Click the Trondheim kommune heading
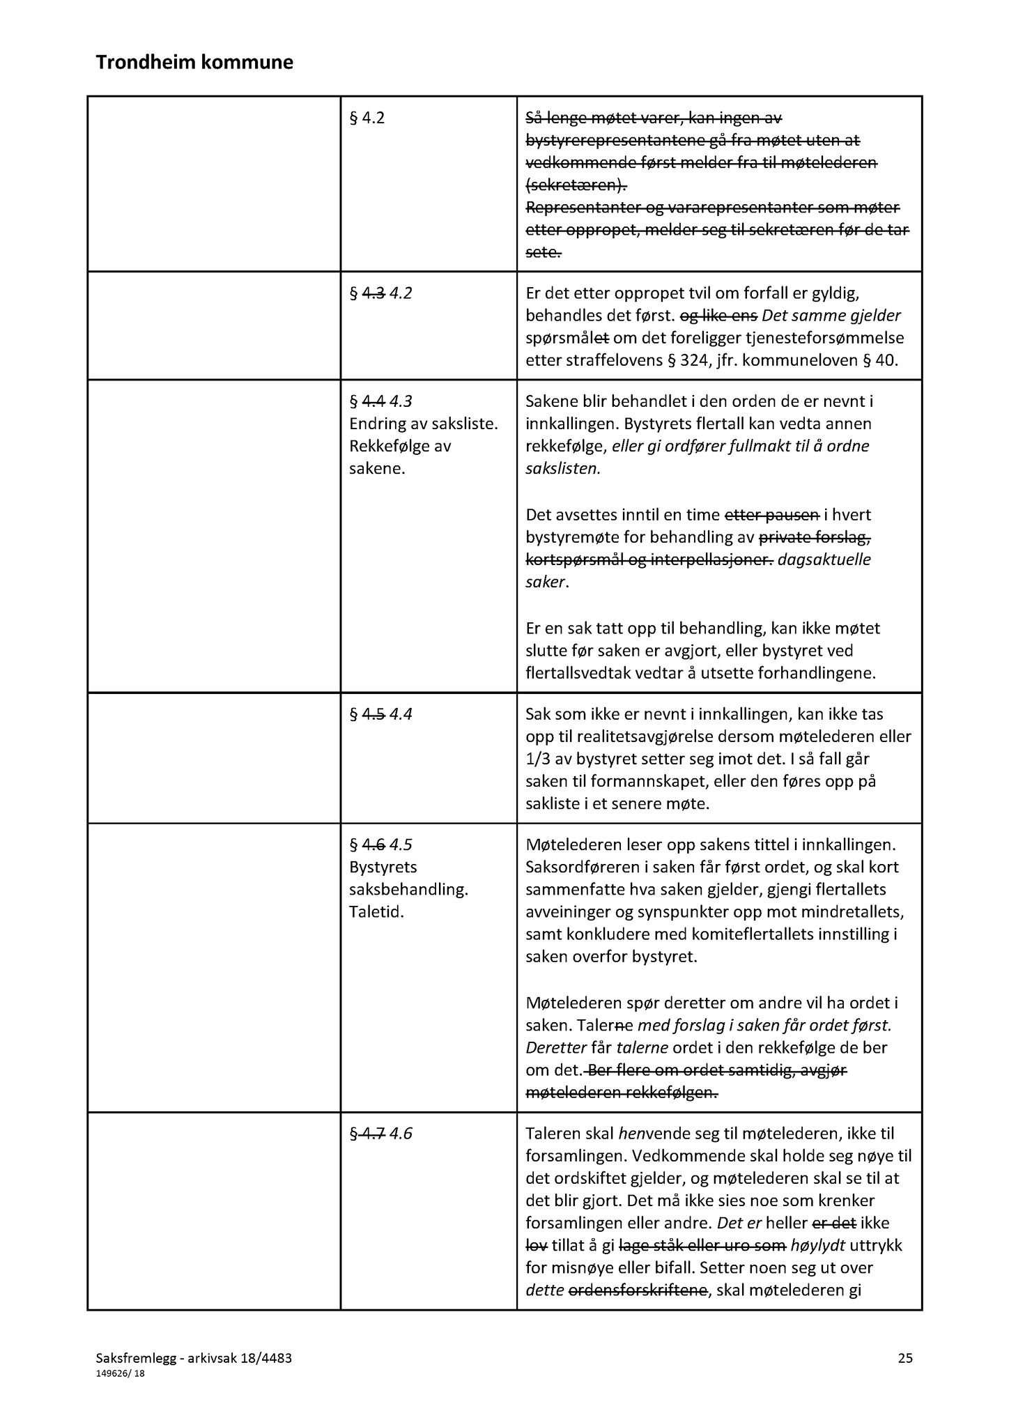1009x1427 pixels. (194, 63)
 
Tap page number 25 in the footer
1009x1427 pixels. (905, 1357)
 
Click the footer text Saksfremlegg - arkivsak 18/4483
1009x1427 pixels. (194, 1357)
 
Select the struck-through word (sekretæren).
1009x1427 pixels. (576, 185)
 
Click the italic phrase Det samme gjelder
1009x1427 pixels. (832, 316)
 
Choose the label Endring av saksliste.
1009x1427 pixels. (423, 424)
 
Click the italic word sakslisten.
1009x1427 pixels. (563, 468)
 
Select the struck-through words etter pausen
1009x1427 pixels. (771, 515)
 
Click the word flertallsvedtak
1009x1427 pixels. (580, 673)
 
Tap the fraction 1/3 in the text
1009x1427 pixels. (539, 759)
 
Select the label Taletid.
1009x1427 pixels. (376, 911)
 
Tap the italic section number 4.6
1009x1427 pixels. (401, 1134)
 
